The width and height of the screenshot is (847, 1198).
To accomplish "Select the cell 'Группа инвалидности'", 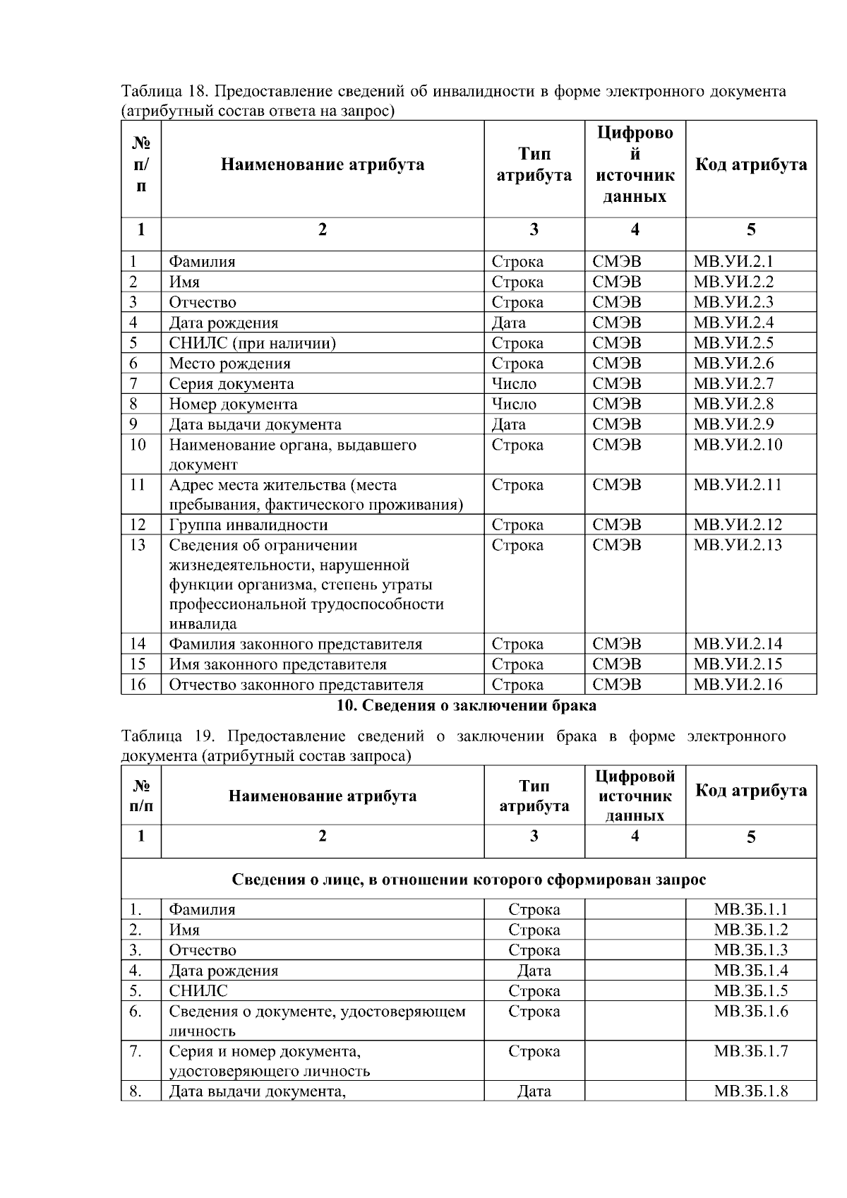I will pos(248,525).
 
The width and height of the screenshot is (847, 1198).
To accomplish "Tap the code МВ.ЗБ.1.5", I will pos(750,991).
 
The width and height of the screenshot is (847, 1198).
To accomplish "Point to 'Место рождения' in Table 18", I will pos(229,364).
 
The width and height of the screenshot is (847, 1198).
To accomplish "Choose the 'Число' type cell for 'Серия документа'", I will pos(514,384).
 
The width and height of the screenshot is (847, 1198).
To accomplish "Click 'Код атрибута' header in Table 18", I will pos(750,165).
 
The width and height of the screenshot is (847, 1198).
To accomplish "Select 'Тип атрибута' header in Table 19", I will pos(534,796).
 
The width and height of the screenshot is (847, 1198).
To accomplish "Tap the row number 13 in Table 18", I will pos(138,545).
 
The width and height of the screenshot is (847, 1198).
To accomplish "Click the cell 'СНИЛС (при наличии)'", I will pos(252,343).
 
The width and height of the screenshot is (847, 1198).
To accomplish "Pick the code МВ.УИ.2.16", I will pos(738,684).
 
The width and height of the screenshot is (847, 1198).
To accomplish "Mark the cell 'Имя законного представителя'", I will pos(277,664).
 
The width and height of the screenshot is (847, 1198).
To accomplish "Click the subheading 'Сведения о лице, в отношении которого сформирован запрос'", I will pos(469,880).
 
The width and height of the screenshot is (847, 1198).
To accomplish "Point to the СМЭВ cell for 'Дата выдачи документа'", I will pos(616,424).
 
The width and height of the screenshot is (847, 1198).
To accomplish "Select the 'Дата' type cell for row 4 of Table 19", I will pos(534,971).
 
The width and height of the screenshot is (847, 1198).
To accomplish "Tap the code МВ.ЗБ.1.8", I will pos(750,1091).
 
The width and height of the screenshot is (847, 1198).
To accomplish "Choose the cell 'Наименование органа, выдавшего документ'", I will pos(292,454).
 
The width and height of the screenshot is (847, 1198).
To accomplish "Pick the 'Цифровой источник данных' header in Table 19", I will pos(635,796).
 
